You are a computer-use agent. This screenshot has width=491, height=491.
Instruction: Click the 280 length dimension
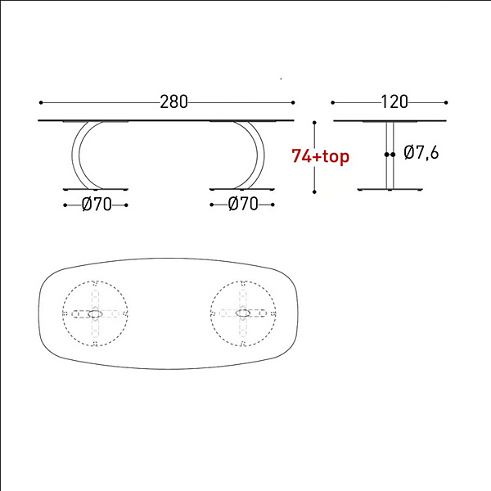173,102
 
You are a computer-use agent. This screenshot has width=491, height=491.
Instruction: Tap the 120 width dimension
394,102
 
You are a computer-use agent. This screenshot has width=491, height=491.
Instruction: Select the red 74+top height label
320,156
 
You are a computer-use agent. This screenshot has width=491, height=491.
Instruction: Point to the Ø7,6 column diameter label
421,152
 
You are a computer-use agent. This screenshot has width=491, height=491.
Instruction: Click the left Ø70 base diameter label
97,205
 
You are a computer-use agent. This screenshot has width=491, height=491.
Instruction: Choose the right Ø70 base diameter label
243,204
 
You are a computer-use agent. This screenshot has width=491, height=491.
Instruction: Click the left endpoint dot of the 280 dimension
41,102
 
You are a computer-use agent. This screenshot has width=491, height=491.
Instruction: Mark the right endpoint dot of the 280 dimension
293,102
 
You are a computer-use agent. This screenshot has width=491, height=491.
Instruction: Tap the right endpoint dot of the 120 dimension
446,102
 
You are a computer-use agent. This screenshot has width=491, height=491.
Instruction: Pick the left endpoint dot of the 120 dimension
332,102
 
